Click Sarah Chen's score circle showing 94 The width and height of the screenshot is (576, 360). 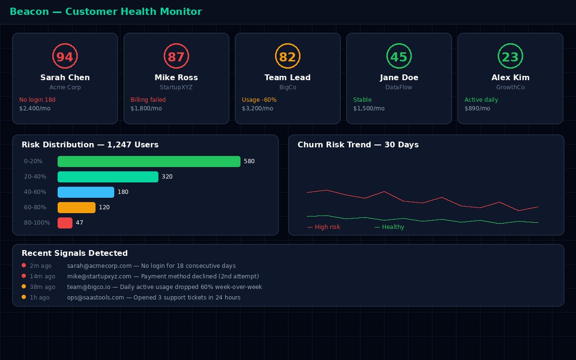(65, 57)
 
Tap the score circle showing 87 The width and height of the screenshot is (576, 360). (176, 57)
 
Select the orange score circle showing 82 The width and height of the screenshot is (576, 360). (288, 57)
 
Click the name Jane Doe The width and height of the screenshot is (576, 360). (399, 78)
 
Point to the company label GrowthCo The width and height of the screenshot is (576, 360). (510, 87)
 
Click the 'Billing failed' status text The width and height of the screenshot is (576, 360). (148, 100)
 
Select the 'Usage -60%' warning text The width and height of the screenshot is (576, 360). (259, 100)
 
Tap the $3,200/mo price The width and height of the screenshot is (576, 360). (257, 108)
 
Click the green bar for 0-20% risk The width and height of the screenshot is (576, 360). (149, 162)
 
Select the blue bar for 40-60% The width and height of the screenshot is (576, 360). (86, 192)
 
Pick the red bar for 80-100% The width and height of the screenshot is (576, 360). (65, 223)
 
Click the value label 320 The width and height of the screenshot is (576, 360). (167, 177)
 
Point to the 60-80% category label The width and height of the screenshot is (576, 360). (35, 208)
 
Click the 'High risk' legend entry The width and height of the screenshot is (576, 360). (324, 227)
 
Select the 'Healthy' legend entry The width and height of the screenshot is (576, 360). (389, 227)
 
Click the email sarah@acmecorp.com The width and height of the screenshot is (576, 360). (99, 266)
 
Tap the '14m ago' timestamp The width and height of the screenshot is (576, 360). (42, 276)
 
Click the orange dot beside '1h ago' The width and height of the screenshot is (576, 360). (24, 298)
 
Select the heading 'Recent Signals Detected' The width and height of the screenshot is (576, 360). (74, 253)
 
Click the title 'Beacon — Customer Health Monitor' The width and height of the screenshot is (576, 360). (106, 12)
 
